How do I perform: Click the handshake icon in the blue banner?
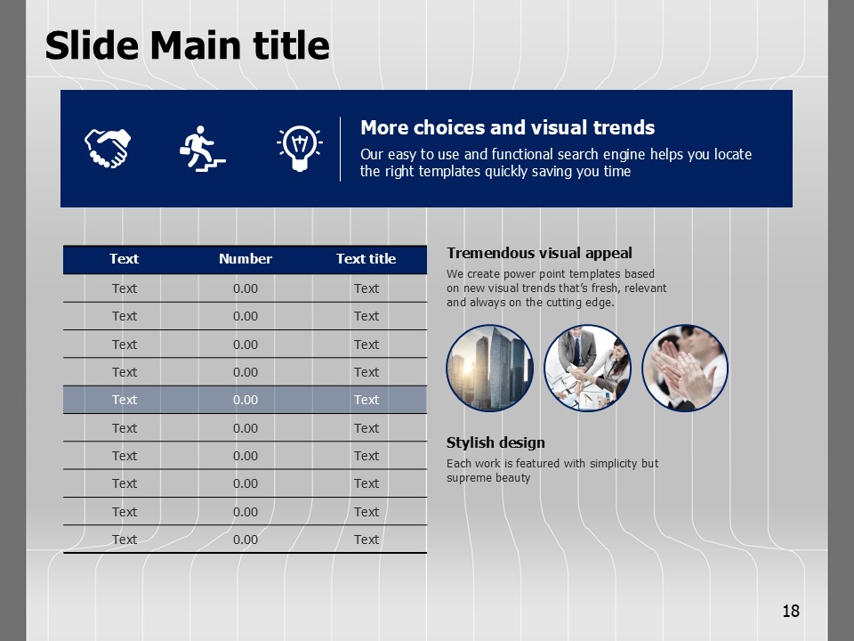click(108, 148)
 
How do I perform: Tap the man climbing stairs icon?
click(202, 149)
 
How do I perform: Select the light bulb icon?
click(299, 148)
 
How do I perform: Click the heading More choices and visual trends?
click(507, 127)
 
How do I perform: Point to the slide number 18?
click(791, 611)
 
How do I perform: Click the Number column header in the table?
click(246, 259)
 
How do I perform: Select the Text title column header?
click(366, 259)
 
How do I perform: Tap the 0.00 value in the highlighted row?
click(246, 400)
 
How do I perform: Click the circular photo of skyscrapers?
click(489, 368)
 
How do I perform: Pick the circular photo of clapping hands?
click(685, 368)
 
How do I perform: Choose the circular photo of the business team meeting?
click(588, 368)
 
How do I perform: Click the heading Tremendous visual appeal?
click(539, 253)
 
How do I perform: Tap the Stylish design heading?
click(495, 442)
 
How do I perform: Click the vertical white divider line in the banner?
click(341, 149)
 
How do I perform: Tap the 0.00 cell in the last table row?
click(246, 540)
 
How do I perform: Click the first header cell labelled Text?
click(125, 259)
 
